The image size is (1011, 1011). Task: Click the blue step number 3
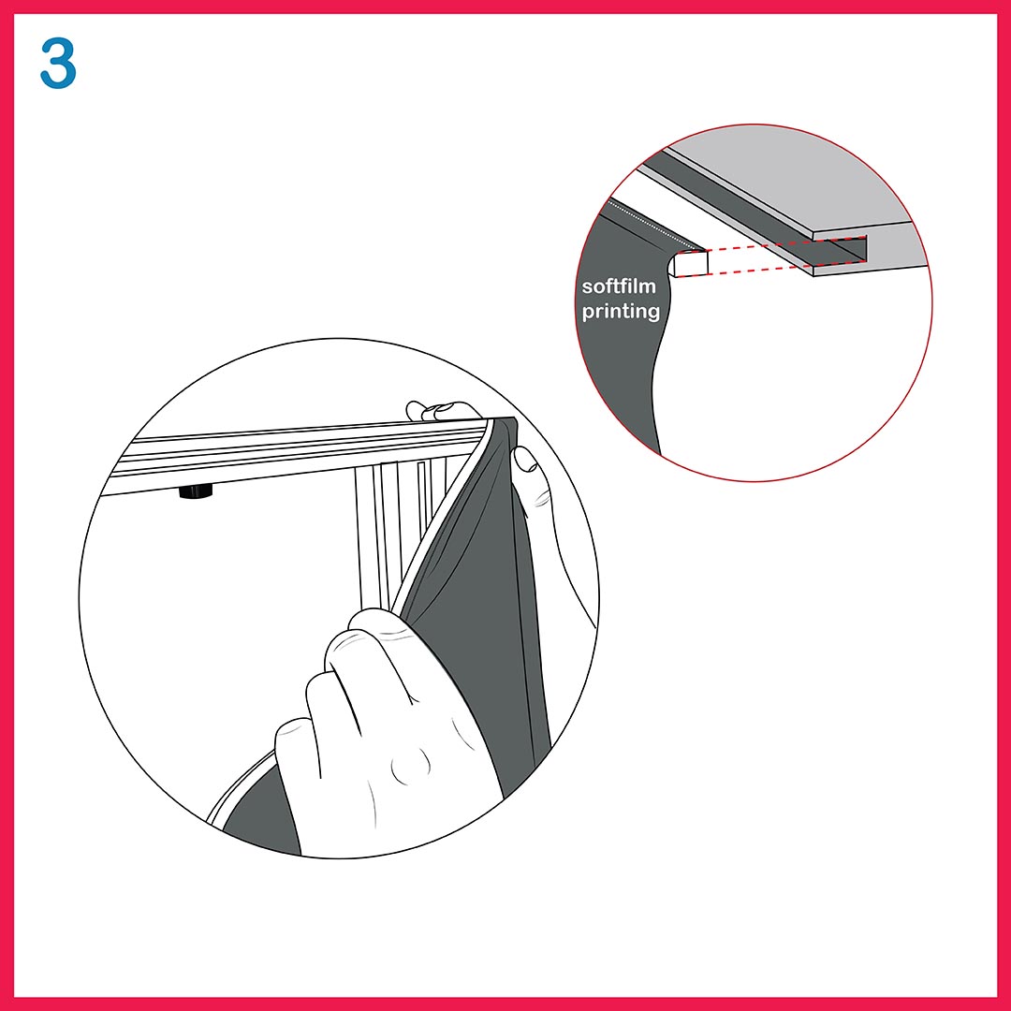(58, 63)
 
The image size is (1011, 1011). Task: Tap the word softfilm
(619, 286)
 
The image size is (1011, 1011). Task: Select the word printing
(621, 312)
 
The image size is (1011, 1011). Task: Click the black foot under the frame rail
(196, 493)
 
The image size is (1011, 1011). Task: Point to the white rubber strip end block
(689, 263)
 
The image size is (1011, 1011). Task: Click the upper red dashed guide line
(786, 243)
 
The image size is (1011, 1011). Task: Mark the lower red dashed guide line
(771, 269)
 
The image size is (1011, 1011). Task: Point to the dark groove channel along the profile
(741, 200)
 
